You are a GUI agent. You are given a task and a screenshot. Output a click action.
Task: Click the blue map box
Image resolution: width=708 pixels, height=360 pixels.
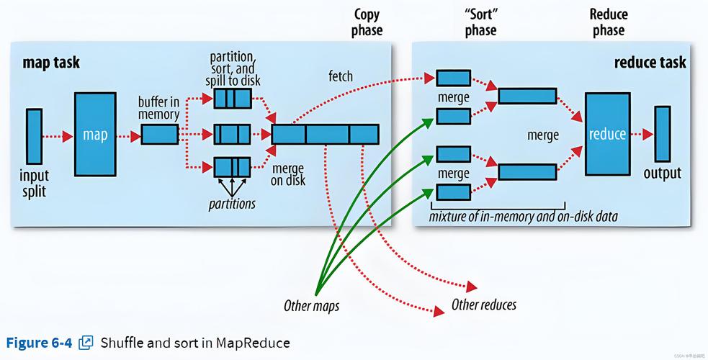[95, 135]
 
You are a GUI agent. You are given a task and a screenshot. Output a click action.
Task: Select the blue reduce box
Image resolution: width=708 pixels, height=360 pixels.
[607, 134]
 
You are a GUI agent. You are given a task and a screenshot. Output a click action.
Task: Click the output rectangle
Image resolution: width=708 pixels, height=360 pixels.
[662, 134]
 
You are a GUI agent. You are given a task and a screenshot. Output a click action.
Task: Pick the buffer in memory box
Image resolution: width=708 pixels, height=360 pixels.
[159, 135]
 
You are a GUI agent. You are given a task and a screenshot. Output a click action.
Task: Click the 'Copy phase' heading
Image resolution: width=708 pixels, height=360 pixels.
[367, 22]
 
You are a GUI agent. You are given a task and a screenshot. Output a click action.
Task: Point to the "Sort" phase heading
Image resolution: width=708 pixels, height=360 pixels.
[480, 22]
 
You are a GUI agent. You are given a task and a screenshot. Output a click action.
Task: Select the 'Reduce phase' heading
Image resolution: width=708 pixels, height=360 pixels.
[608, 22]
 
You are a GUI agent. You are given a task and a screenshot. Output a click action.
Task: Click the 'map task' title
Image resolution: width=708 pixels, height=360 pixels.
[51, 63]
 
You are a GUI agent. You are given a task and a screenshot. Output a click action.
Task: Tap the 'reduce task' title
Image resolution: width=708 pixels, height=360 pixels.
[650, 63]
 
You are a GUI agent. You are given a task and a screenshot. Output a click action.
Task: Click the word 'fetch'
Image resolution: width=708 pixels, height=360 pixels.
[341, 76]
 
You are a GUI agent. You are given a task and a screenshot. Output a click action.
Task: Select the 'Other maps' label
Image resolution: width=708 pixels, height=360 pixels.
[311, 306]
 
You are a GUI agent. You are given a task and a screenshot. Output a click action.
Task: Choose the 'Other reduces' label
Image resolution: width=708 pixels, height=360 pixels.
[484, 305]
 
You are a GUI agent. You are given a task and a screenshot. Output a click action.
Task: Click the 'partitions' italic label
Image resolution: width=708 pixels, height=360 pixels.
[231, 204]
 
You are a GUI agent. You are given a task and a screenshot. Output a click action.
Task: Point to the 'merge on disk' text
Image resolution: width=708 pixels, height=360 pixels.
[288, 174]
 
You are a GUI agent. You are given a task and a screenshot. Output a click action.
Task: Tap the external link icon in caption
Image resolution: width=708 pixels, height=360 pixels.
[86, 342]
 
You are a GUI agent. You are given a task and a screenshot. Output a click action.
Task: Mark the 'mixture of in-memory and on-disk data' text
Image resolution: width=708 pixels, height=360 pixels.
[523, 216]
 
